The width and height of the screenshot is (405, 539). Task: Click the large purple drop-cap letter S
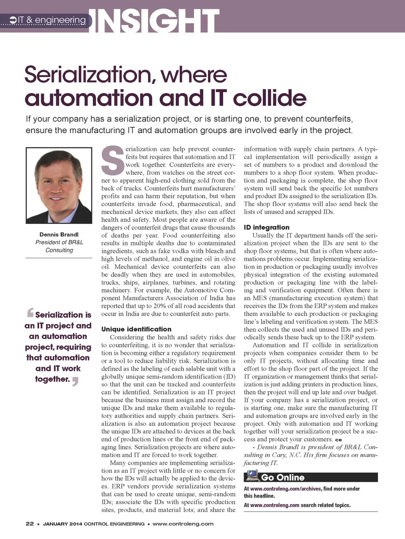[113, 160]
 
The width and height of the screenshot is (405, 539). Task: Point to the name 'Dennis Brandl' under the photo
[59, 234]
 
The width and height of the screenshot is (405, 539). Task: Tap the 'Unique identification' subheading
[136, 329]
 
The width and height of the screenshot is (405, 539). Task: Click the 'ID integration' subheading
[267, 227]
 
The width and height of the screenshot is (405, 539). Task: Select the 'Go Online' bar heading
[283, 477]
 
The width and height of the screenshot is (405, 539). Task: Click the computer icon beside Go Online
[252, 476]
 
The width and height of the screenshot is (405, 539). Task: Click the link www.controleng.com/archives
[286, 489]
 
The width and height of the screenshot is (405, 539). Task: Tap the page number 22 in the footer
[30, 524]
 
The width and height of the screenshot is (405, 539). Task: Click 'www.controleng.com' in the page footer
[183, 524]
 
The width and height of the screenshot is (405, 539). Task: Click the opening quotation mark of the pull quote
[30, 313]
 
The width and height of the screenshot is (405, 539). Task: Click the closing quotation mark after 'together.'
[75, 381]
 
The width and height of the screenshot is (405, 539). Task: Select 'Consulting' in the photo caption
[59, 250]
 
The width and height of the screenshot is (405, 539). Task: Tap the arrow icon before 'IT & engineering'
[13, 20]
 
